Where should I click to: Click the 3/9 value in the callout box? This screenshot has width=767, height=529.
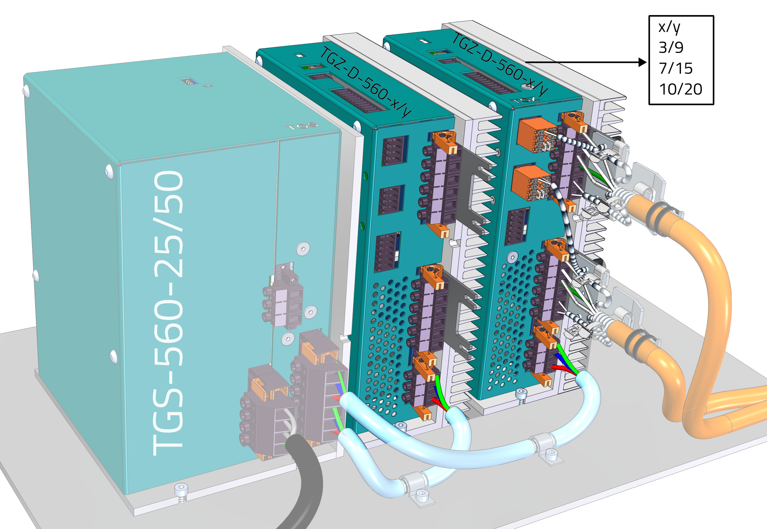tap(671, 47)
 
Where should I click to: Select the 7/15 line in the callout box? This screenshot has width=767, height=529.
tap(676, 68)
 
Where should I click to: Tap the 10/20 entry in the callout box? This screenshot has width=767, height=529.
tap(681, 89)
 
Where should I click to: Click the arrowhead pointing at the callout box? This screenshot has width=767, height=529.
tap(642, 62)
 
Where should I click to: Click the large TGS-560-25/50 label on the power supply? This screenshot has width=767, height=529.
tap(169, 313)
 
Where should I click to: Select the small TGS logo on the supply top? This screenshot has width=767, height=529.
tap(302, 126)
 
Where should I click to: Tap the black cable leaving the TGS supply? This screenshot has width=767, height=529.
tap(303, 480)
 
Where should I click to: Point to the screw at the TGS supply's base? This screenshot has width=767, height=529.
tap(181, 493)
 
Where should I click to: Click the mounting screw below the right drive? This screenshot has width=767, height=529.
tap(521, 396)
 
